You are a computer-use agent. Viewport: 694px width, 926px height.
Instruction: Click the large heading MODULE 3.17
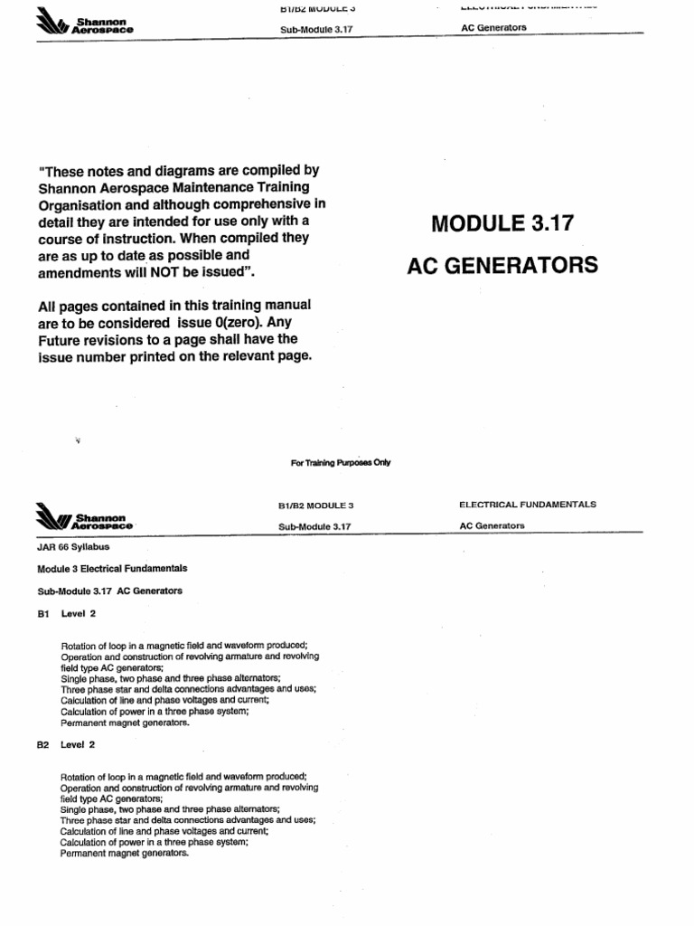coord(502,223)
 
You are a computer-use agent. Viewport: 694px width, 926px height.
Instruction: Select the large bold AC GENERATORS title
coord(502,265)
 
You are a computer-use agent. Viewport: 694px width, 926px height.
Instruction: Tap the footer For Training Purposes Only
coord(341,462)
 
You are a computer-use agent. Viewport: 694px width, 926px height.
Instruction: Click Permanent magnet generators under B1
coord(125,723)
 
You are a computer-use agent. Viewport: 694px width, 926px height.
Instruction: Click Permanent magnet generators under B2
coord(125,854)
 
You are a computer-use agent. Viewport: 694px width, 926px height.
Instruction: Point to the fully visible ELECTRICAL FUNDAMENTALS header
coord(528,505)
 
